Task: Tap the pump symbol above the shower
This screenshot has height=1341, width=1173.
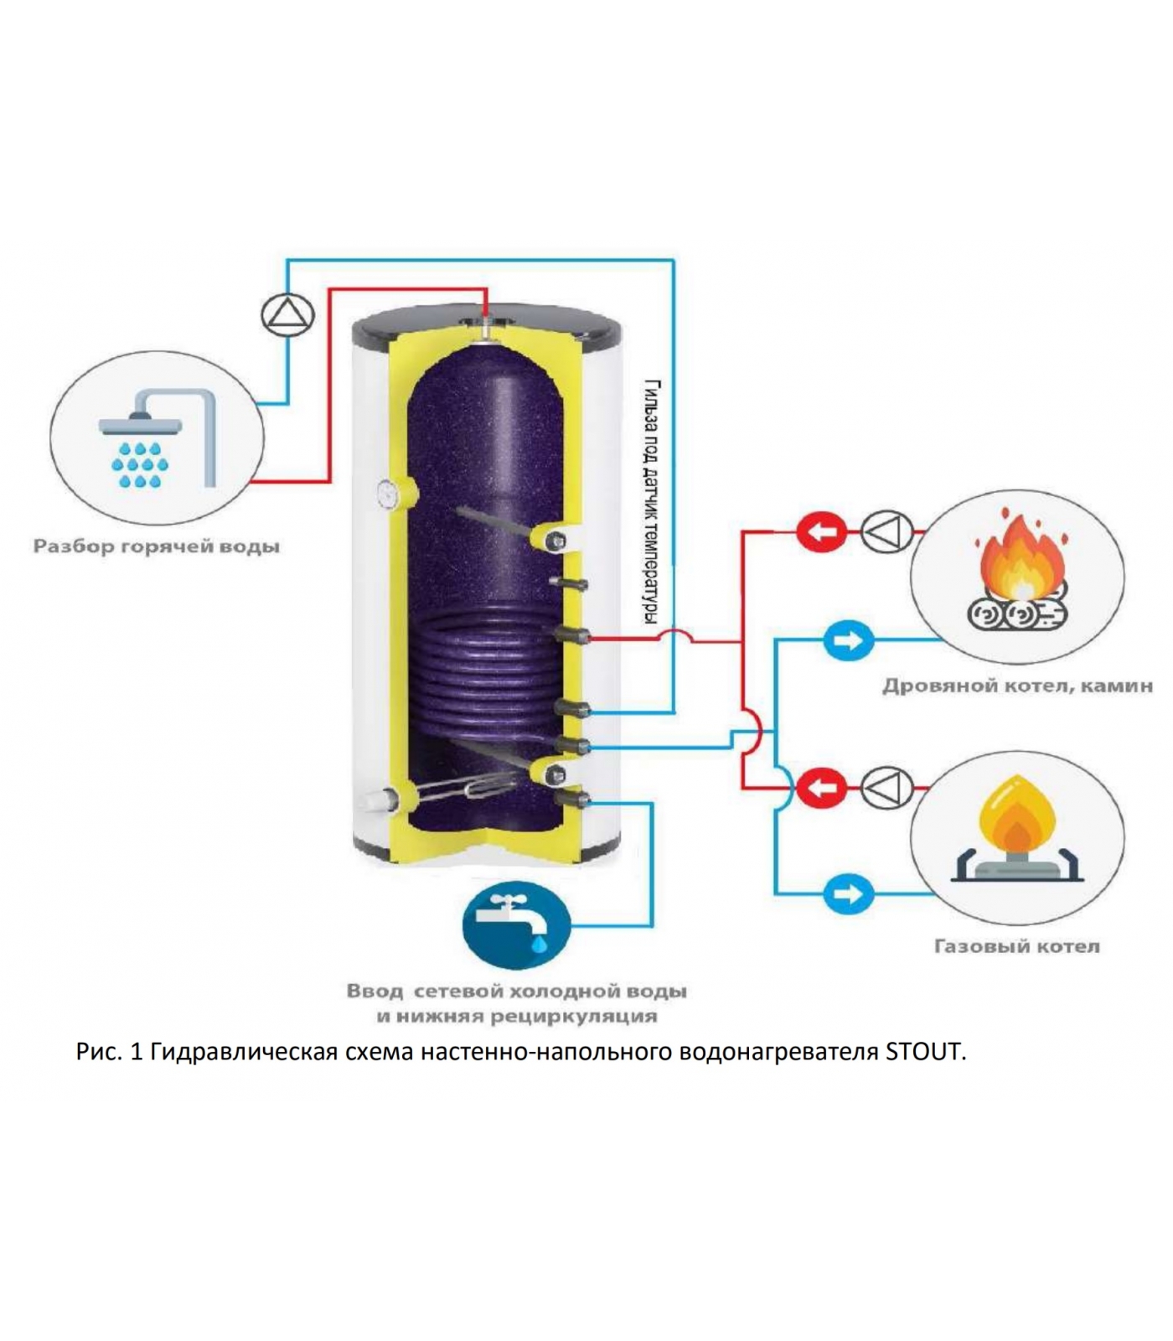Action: (287, 315)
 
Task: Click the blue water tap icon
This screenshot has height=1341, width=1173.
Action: (516, 924)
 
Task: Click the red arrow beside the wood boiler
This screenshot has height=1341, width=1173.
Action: (821, 531)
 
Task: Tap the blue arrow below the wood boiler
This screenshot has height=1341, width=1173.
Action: (848, 641)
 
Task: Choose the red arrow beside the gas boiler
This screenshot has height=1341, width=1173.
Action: (821, 788)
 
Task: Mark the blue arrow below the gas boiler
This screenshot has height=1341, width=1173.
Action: (848, 893)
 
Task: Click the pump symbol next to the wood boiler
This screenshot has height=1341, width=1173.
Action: (886, 531)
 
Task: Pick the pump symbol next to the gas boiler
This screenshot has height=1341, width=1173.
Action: (886, 788)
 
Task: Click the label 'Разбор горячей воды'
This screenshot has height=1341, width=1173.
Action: (157, 546)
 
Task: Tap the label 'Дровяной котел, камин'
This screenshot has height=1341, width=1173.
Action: (1017, 686)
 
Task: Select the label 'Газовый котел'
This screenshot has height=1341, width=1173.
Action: (1016, 947)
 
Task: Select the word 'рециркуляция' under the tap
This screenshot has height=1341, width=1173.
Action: (574, 1017)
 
